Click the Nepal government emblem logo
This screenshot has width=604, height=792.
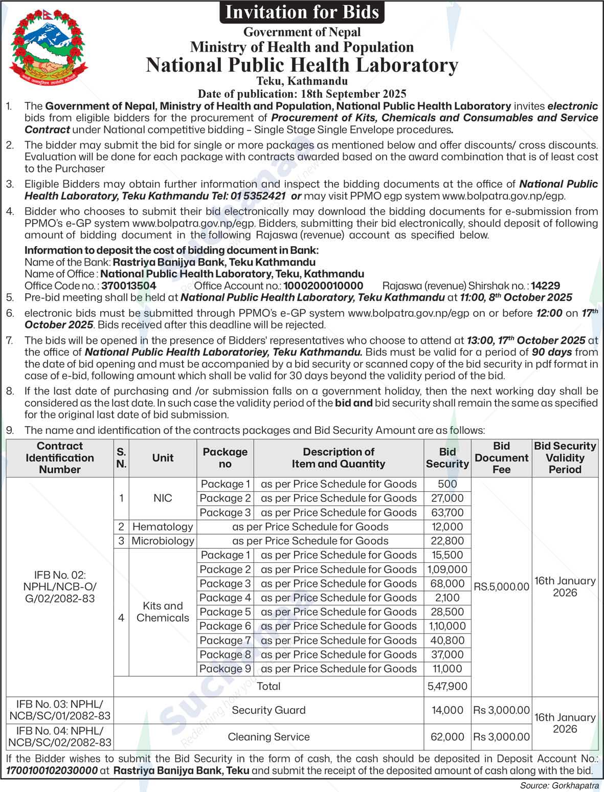[49, 49]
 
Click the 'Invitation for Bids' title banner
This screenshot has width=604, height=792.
[302, 12]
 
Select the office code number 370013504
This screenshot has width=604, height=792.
[128, 286]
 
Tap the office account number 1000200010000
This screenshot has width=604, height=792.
[323, 286]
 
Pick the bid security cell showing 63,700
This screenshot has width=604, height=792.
[447, 513]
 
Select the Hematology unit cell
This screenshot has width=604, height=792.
[162, 527]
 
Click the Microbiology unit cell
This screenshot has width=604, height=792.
[163, 541]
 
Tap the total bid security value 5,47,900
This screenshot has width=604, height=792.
[447, 687]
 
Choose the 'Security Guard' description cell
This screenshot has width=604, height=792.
[269, 710]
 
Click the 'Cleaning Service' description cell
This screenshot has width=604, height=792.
[269, 737]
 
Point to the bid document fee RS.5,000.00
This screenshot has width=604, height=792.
[501, 587]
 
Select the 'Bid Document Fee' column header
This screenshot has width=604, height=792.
[501, 458]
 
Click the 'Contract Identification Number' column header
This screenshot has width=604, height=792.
[60, 458]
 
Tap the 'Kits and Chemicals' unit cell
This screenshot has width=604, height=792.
[163, 612]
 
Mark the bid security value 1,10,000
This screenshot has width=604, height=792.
[447, 626]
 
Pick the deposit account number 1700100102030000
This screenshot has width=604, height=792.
[52, 770]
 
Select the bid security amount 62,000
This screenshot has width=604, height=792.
[447, 737]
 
